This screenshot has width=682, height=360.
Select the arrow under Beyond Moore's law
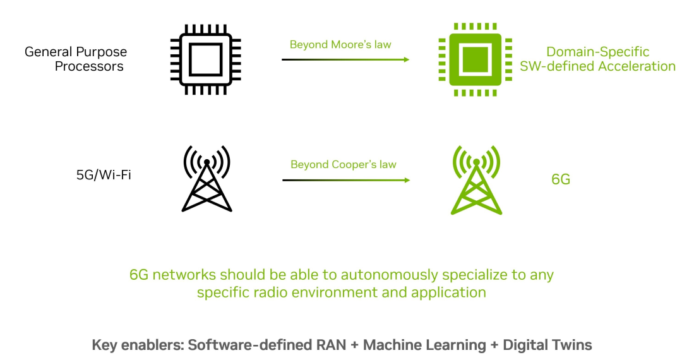[345, 59]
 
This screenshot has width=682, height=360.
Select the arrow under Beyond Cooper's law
[345, 180]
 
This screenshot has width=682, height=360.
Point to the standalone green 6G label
[561, 179]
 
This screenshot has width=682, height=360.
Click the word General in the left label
[48, 52]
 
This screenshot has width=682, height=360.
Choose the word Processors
[89, 66]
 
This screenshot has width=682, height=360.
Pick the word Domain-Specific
[597, 52]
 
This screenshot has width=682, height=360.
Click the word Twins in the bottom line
[570, 345]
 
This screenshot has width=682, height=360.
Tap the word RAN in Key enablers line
[328, 345]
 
